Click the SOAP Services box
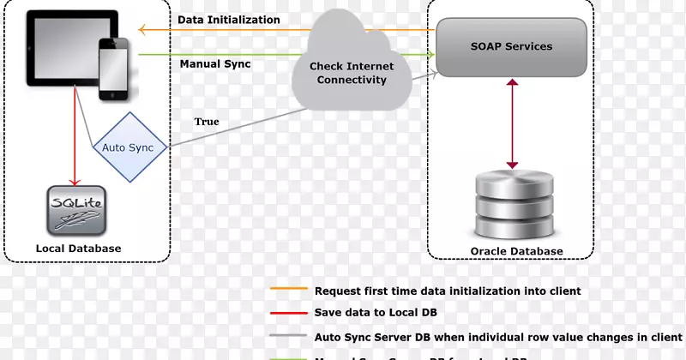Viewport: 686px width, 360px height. point(512,47)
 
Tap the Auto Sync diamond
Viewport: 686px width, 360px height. point(128,147)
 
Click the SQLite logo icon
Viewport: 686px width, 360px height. point(77,213)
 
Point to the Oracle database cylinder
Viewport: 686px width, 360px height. point(512,205)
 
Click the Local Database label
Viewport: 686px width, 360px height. point(78,249)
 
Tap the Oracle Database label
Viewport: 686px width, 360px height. point(517,251)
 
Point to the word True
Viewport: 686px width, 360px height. point(207,122)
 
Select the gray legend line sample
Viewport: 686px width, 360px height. point(287,337)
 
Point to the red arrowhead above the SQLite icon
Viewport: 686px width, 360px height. point(75,182)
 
